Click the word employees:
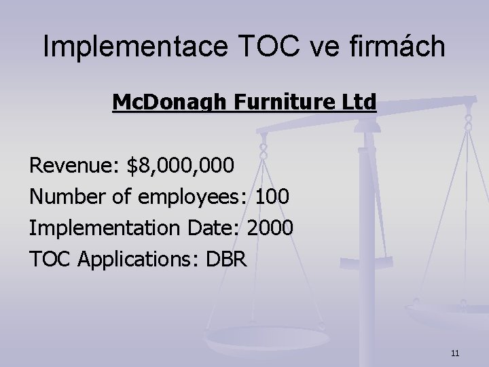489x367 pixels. tap(192, 198)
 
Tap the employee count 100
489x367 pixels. tap(272, 197)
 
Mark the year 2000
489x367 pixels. tap(270, 228)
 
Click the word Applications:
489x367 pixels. tap(136, 260)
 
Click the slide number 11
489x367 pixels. tap(455, 353)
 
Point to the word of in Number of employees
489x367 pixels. tap(121, 197)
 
